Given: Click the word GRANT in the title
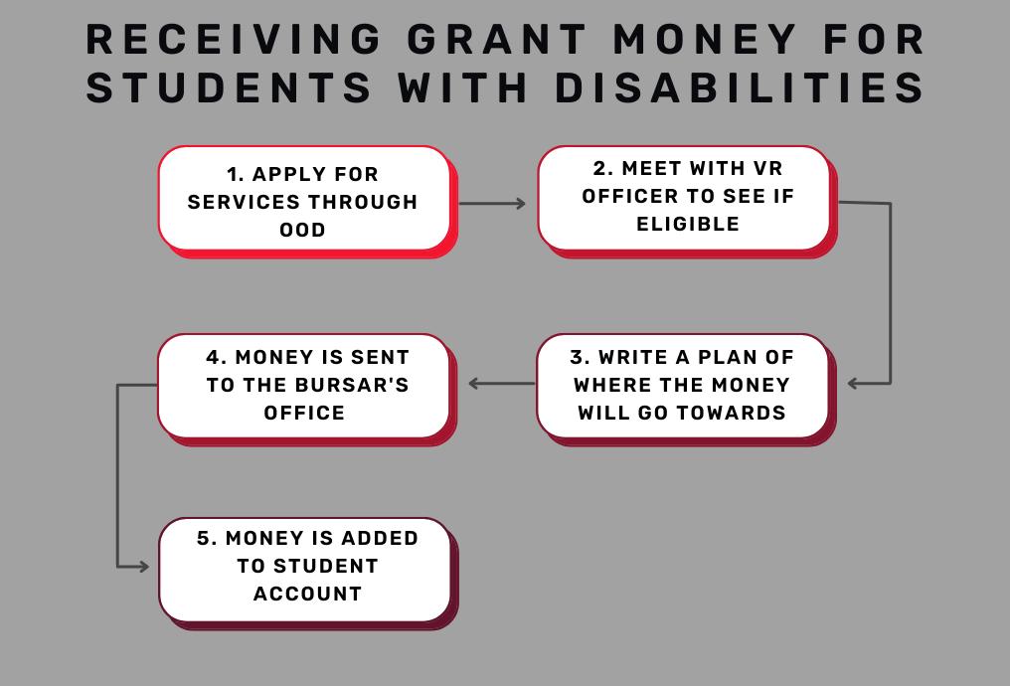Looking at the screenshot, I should pyautogui.click(x=496, y=40).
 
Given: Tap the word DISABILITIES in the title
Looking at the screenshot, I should pyautogui.click(x=741, y=87).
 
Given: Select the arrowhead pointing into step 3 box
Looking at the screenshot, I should pyautogui.click(x=853, y=383).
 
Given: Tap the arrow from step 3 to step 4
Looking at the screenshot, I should pyautogui.click(x=502, y=384).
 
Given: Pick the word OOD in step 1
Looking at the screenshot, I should pyautogui.click(x=302, y=230).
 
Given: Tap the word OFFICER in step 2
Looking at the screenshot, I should pyautogui.click(x=627, y=196).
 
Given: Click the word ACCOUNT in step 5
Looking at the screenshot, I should pyautogui.click(x=307, y=594).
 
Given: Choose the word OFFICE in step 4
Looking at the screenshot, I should pyautogui.click(x=304, y=412).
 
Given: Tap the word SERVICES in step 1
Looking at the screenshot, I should pyautogui.click(x=244, y=202).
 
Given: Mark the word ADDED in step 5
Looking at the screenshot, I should pyautogui.click(x=380, y=538).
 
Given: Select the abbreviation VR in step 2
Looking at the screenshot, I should pyautogui.click(x=768, y=168).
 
